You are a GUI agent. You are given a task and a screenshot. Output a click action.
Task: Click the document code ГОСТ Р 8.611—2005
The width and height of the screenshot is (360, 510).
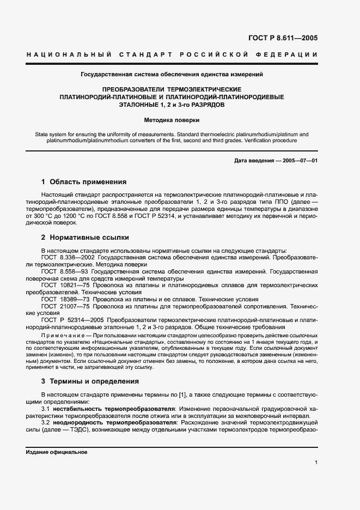pos(282,38)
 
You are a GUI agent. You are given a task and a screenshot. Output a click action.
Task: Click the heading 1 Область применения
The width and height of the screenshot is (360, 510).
pos(84,182)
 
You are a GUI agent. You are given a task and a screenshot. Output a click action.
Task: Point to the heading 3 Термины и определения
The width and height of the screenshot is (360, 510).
pos(90,381)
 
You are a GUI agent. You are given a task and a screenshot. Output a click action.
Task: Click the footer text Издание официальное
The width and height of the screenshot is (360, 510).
pos(56,452)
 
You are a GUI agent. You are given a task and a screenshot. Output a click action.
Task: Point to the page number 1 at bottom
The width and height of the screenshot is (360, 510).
pos(316,463)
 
